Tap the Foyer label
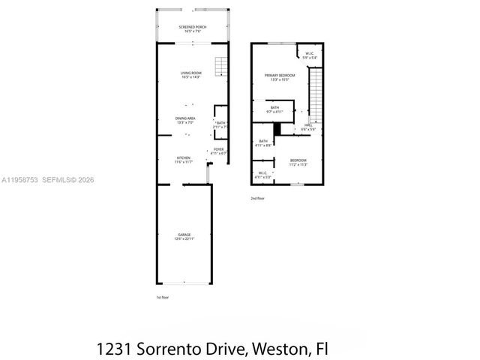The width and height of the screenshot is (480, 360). [x=218, y=151]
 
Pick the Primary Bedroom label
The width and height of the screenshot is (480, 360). [x=279, y=77]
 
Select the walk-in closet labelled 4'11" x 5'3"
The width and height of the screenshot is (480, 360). [x=263, y=175]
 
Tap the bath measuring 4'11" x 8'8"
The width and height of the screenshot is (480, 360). [x=263, y=143]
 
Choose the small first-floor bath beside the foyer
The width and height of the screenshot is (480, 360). [x=220, y=124]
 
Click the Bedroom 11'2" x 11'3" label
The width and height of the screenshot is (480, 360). [x=298, y=162]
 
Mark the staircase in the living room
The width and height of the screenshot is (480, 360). [x=220, y=67]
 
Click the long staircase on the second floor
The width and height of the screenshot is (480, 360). [x=316, y=94]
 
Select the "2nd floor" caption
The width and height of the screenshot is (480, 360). [x=258, y=199]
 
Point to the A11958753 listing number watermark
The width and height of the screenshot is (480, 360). [x=20, y=179]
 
